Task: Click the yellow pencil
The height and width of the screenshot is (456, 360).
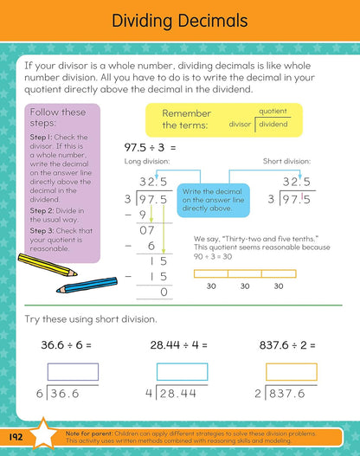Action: pos(47,265)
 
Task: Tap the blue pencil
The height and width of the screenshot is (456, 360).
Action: pos(87,285)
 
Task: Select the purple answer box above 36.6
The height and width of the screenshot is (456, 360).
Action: pos(73,372)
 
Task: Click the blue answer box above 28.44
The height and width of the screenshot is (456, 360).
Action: pos(182,372)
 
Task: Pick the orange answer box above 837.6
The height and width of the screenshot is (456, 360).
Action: pos(292,372)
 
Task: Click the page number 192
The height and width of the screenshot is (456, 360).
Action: pos(16,437)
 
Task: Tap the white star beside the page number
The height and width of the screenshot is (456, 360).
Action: pos(43,434)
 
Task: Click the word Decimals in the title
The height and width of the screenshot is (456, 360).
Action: pos(213,21)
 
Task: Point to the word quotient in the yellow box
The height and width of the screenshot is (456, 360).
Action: pos(273,112)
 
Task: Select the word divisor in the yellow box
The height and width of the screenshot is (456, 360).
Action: pos(240,125)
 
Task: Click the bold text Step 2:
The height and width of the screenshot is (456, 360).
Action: pos(42,211)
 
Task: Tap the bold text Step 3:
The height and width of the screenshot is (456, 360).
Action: pos(42,231)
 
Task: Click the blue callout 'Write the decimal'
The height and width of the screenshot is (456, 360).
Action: pos(214,200)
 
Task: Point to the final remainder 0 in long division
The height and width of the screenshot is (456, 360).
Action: pos(164,292)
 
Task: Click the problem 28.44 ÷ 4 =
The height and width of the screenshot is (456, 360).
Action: pos(178,345)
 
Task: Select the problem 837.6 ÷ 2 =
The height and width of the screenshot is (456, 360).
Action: pos(287,345)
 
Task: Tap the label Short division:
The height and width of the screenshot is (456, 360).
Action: pos(286,161)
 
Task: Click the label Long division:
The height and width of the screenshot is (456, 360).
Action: pos(147,162)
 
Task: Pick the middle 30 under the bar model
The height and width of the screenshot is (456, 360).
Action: pos(245,286)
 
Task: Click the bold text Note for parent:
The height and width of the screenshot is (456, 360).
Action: pos(88,434)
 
